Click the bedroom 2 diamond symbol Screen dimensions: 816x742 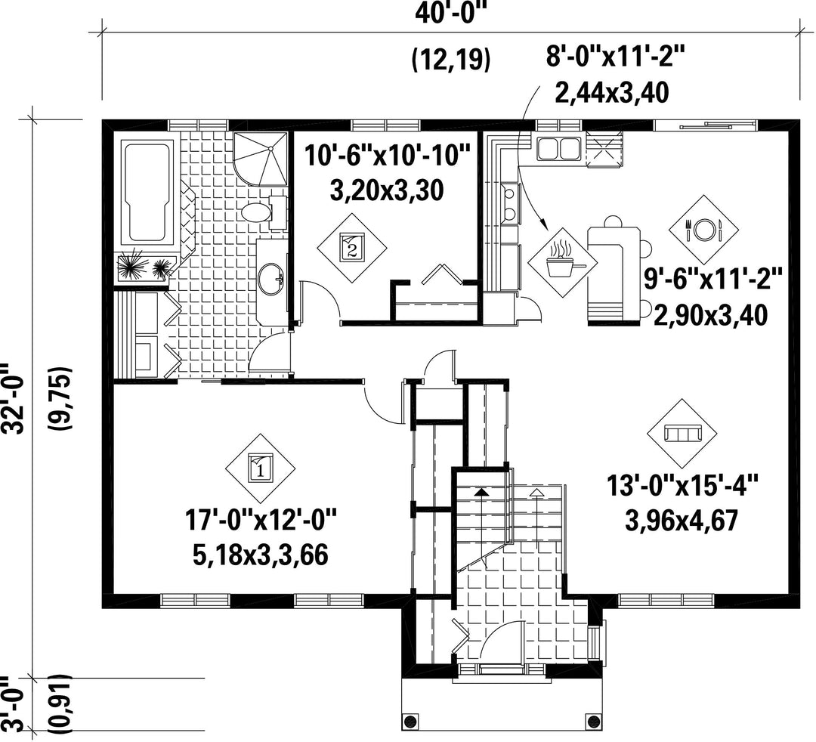click(x=352, y=246)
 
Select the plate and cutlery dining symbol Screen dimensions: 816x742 click(x=703, y=229)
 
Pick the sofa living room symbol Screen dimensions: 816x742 click(x=682, y=433)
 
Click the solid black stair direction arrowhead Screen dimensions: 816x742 click(x=482, y=490)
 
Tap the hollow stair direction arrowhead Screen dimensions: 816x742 click(x=536, y=490)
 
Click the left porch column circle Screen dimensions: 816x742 click(x=411, y=722)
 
